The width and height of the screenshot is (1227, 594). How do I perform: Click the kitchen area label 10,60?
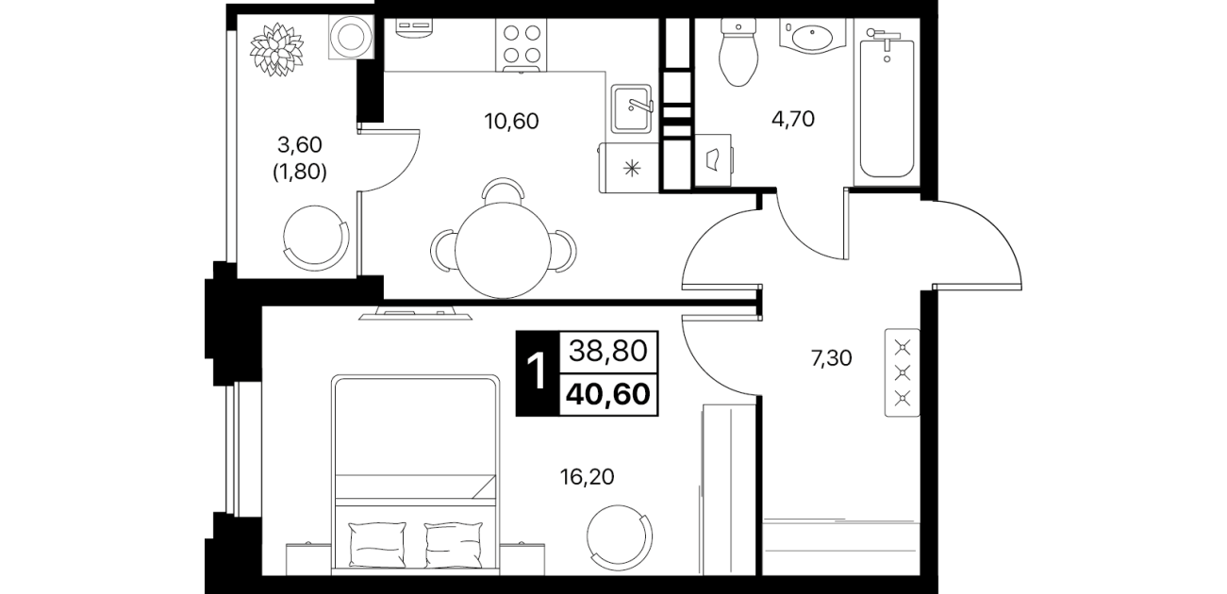point(511,121)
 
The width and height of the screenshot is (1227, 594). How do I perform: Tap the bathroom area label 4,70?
point(792,119)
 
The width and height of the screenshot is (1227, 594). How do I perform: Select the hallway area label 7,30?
point(831,358)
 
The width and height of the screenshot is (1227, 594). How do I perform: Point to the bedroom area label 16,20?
point(587,477)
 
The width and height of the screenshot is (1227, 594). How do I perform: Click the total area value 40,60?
point(608,393)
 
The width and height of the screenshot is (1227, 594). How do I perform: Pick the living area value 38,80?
point(608,351)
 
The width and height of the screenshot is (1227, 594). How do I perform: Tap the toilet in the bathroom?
point(738,52)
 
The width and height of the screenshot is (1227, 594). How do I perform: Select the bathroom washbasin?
point(813,36)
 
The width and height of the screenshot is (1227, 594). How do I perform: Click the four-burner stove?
point(522,45)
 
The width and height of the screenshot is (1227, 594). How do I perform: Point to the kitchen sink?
point(632,109)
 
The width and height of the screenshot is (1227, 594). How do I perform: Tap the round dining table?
point(503,250)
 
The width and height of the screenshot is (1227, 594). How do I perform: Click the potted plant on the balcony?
point(277,49)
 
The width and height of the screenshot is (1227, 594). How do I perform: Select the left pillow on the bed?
point(377,544)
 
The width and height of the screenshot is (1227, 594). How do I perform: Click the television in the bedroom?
point(415,314)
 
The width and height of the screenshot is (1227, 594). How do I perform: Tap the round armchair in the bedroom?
point(620,538)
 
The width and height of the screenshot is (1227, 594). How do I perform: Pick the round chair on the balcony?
point(316,239)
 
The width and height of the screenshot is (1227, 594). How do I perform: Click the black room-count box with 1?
point(538,373)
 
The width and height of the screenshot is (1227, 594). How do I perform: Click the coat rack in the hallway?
point(903,372)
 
